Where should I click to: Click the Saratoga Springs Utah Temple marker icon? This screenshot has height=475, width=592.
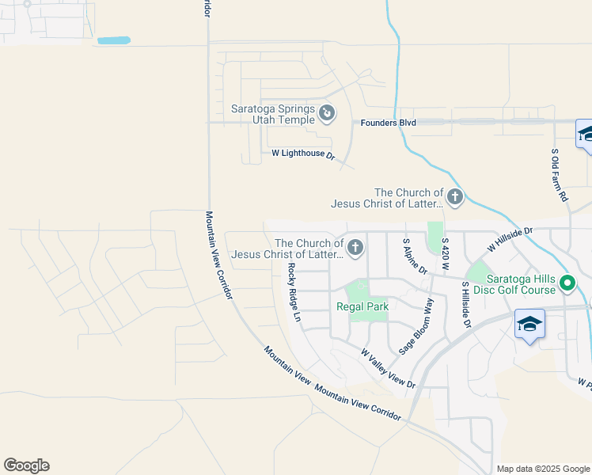point(327,114)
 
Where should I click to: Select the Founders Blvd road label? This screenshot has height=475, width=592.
point(388,123)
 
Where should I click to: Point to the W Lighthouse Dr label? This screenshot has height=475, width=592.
point(304,154)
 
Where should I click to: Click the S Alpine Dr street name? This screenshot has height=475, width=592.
point(415,256)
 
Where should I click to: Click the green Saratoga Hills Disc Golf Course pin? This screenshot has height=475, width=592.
point(567,282)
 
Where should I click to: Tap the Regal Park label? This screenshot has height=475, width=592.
point(361,306)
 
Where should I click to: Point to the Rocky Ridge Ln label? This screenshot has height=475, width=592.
point(294,292)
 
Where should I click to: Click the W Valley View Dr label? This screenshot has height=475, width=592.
point(388,368)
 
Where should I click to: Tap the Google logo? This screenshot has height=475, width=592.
point(26,465)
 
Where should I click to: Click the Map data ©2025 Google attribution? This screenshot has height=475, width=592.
point(543,469)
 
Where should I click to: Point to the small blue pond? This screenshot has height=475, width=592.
point(113,40)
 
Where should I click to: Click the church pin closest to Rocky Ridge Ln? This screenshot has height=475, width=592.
point(355,249)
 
